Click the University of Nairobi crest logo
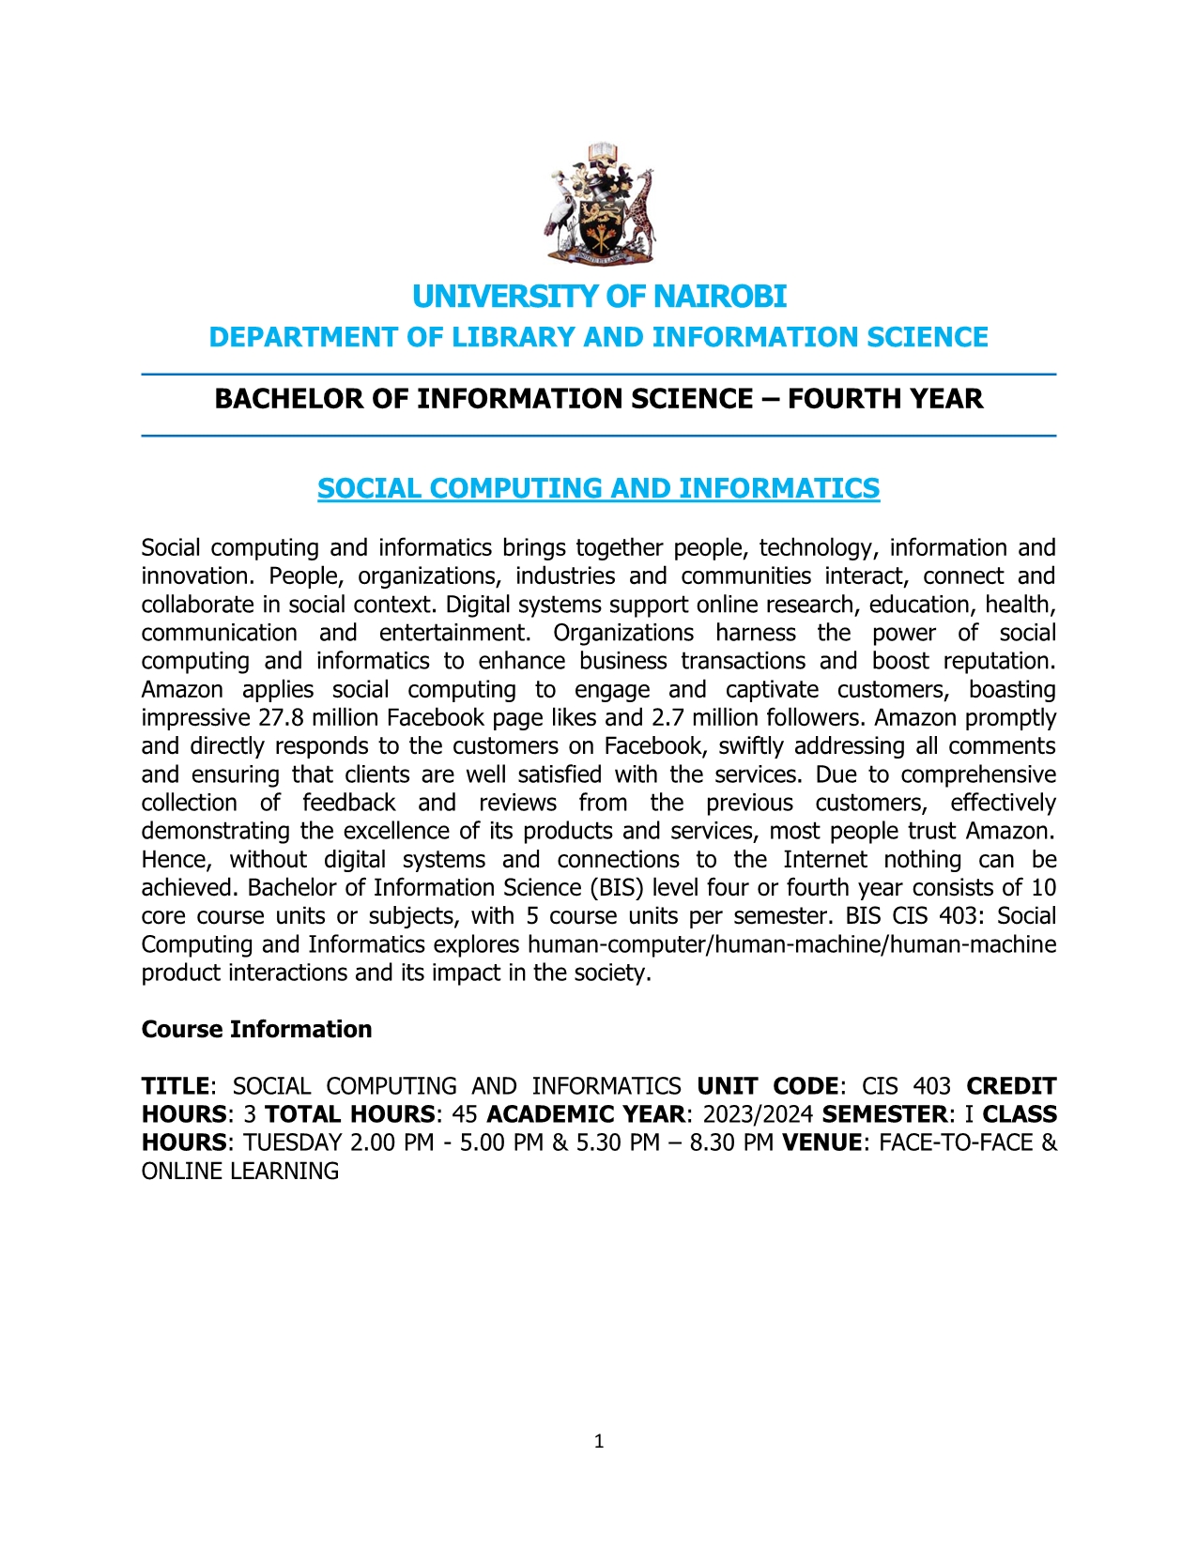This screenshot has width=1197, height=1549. point(599,204)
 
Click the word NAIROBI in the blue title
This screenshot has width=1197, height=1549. point(719,297)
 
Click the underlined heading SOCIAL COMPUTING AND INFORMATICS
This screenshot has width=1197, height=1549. point(598,488)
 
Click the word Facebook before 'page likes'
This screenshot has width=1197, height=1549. point(433,718)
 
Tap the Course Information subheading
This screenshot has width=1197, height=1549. point(256,1030)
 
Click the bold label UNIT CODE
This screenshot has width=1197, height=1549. point(768,1086)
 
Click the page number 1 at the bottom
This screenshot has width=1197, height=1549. point(599,1442)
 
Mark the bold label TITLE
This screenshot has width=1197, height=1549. point(175,1086)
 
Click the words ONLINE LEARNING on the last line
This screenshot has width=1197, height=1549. point(240,1172)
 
